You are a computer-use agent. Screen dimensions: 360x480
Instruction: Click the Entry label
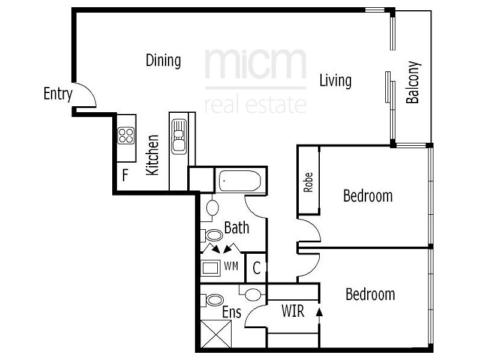58,94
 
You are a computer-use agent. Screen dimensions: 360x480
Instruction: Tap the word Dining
163,60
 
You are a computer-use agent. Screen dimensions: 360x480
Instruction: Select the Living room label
335,80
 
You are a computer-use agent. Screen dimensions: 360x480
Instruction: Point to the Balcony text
413,83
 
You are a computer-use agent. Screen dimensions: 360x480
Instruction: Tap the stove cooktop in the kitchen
126,136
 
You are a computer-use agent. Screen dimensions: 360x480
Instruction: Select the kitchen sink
179,136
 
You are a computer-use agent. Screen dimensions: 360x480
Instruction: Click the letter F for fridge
125,176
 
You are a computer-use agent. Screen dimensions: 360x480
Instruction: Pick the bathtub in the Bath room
239,180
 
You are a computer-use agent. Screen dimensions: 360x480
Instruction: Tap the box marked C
256,269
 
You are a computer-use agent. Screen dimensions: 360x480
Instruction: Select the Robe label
308,182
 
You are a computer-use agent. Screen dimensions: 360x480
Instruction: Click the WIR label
293,311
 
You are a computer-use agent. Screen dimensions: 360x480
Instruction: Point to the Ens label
232,313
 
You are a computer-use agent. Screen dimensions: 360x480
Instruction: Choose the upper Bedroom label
368,196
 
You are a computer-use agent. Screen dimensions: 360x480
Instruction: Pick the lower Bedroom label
370,294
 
